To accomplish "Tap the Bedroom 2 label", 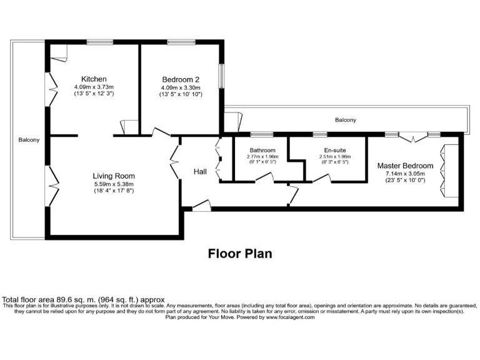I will click(181, 79).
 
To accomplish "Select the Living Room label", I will click(114, 176).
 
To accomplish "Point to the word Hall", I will click(200, 172).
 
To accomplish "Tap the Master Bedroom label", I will click(405, 166).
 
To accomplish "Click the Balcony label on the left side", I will click(29, 140).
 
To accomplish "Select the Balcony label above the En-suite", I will click(346, 120).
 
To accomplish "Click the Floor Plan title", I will click(239, 254).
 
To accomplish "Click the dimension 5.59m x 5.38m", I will click(114, 184).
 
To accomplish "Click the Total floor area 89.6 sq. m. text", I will click(61, 299).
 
